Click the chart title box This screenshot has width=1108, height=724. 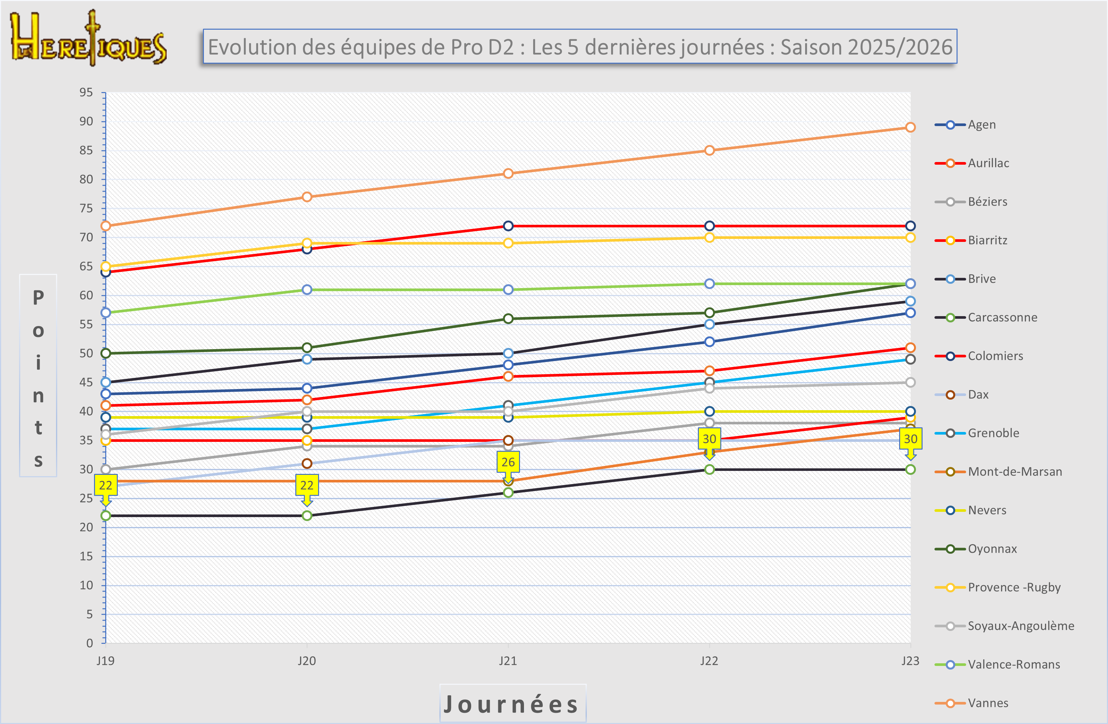pos(580,47)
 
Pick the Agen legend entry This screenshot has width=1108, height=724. pos(981,125)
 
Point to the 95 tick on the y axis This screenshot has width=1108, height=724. pos(86,92)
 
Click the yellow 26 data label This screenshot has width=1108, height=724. pos(508,462)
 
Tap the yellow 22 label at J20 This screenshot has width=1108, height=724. pos(307,485)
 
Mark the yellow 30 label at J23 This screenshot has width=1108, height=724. pos(910,439)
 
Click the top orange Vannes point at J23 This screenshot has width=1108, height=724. pos(910,127)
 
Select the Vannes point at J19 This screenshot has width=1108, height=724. pos(106,226)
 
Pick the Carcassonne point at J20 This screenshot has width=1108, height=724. pos(307,515)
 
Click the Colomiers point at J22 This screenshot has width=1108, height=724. pos(709,226)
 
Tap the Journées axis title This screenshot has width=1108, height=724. pos(512,704)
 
